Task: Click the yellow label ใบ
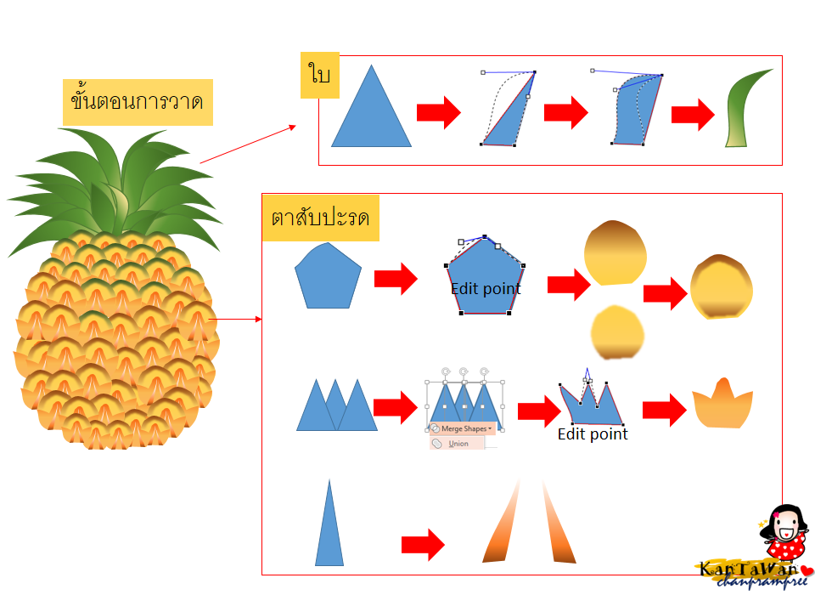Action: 320,75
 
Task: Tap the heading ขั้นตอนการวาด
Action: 138,102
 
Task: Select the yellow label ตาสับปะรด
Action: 321,218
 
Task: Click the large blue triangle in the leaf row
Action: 371,106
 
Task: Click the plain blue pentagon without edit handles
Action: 328,275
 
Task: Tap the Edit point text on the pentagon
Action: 486,288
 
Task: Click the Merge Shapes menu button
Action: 463,428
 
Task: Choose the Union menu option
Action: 458,444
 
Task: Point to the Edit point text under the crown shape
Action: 593,434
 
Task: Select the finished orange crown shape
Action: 722,403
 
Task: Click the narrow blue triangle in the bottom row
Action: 329,523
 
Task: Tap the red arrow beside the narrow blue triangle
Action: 423,545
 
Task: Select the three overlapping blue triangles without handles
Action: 337,405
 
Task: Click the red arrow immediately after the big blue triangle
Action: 439,112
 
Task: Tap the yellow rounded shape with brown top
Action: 615,253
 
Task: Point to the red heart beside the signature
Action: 807,570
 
